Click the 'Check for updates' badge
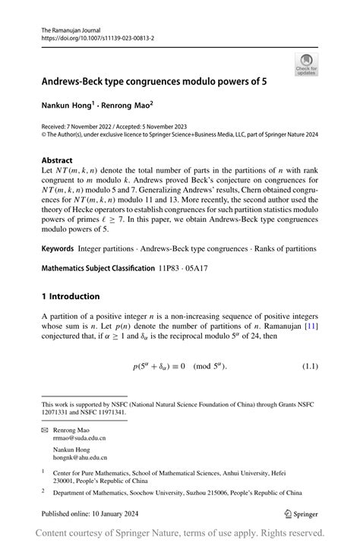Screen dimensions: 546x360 [x=307, y=64]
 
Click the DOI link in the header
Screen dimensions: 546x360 [x=99, y=36]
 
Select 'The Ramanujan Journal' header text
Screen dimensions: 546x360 [x=71, y=28]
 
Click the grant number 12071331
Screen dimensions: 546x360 [x=59, y=412]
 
